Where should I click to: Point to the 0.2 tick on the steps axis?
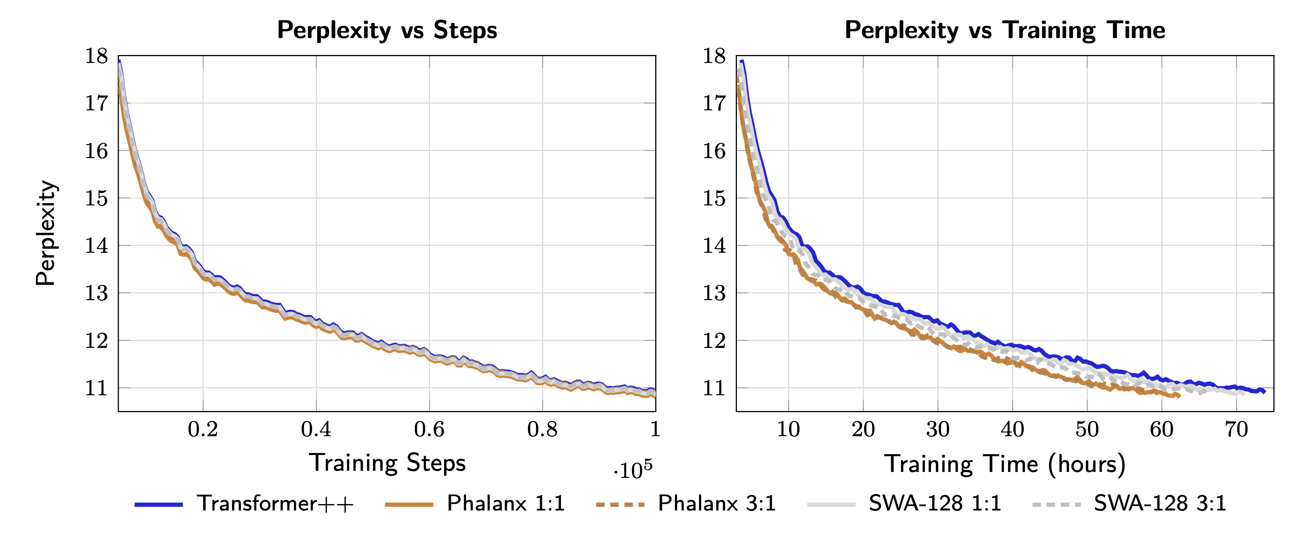(203, 429)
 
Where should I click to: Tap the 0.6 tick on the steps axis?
(429, 429)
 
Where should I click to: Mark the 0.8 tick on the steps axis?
(542, 429)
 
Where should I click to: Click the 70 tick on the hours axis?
(1236, 429)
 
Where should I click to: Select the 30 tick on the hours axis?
(938, 429)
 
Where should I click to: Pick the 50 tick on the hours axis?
(1087, 429)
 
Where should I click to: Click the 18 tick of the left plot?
(97, 56)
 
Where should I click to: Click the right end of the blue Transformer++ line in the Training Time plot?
(1264, 391)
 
